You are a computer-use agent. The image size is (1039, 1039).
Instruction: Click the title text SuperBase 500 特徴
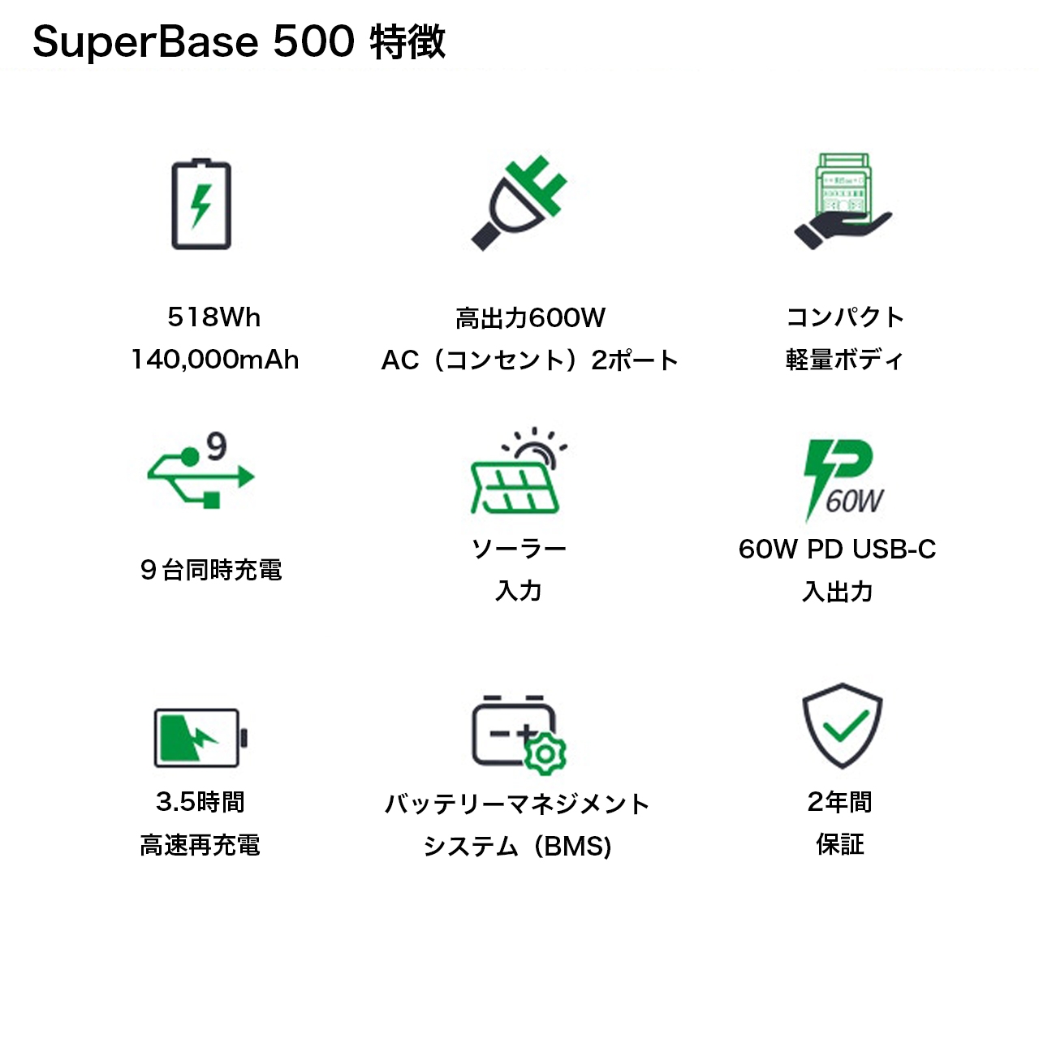(x=239, y=41)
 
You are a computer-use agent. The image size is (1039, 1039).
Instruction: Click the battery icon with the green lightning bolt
(x=201, y=205)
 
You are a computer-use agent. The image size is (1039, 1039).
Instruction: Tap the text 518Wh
(x=214, y=317)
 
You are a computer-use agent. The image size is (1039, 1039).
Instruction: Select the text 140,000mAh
(x=215, y=360)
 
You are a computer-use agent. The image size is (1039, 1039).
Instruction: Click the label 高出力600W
(x=530, y=317)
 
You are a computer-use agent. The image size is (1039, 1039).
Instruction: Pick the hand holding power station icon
(x=843, y=201)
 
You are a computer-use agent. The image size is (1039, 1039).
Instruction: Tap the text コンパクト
(x=844, y=317)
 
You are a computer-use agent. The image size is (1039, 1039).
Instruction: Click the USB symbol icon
(x=200, y=477)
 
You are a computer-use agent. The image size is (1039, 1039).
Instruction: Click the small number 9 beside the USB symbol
(x=217, y=446)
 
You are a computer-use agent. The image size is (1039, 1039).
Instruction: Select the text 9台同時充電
(x=211, y=570)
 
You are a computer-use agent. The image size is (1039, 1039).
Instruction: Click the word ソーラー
(x=519, y=550)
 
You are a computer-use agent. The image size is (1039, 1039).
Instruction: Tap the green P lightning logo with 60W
(x=841, y=479)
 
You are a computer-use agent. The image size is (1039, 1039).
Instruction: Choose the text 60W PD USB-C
(x=837, y=550)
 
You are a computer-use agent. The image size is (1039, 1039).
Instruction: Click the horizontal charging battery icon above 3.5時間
(x=200, y=737)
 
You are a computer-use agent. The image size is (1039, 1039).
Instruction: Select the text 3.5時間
(x=200, y=802)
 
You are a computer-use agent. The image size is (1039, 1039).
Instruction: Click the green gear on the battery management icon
(x=545, y=754)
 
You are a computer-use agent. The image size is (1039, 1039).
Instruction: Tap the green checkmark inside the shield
(x=844, y=725)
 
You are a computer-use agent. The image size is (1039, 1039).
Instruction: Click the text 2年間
(x=839, y=802)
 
